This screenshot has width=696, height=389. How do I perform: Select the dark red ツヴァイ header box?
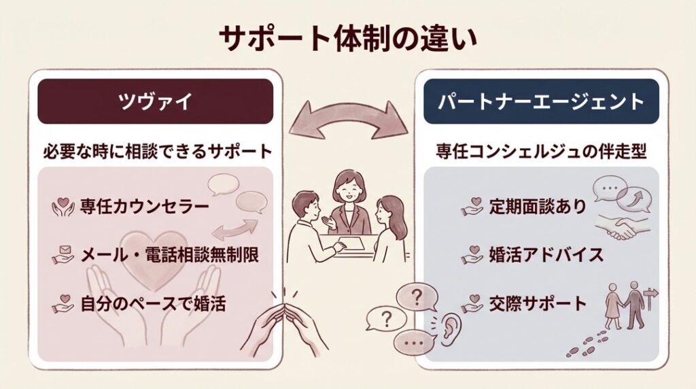pyautogui.click(x=155, y=101)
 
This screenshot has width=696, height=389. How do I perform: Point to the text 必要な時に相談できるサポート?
pyautogui.click(x=156, y=152)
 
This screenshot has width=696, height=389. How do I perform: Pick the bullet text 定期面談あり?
pyautogui.click(x=537, y=206)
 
